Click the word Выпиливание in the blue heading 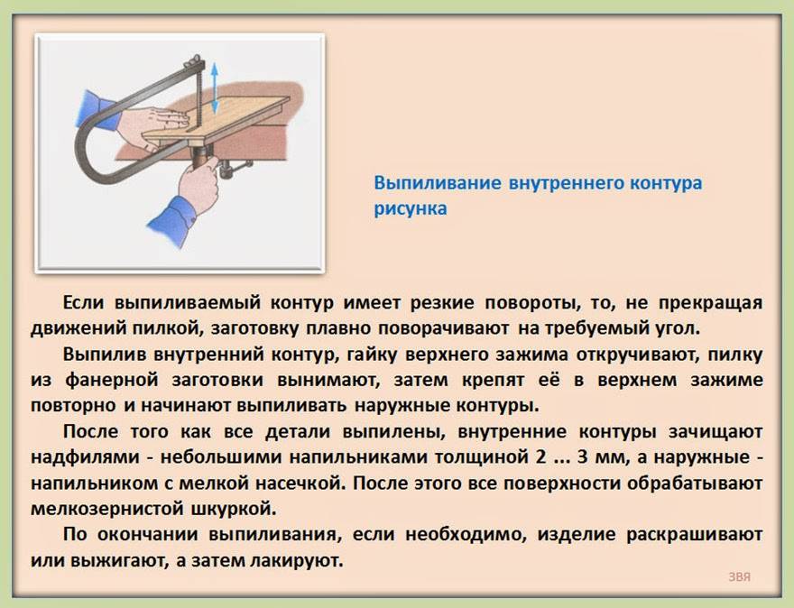tap(438, 183)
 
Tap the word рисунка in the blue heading tap(411, 208)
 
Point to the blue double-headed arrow tap(215, 88)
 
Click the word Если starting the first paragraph tap(84, 303)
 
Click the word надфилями tap(84, 457)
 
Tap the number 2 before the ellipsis tap(540, 457)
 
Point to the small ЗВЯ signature tap(739, 576)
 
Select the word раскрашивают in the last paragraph tap(694, 535)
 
